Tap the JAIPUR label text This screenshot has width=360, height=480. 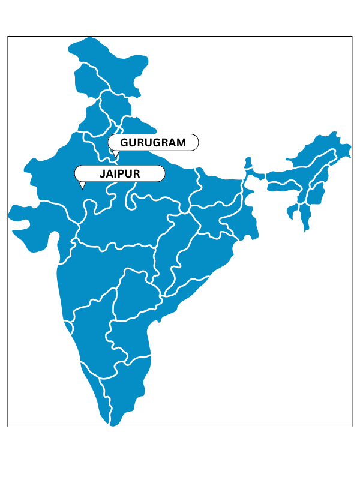tap(120, 173)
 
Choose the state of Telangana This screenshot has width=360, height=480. tap(135, 294)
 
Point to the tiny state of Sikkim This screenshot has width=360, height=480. tap(247, 164)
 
